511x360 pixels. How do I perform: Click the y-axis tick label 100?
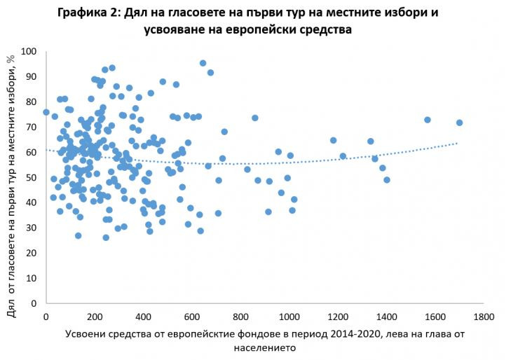click(29, 52)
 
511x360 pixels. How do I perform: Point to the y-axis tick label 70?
click(32, 127)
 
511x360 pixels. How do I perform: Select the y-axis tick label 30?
click(32, 228)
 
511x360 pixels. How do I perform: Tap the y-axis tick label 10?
click(32, 279)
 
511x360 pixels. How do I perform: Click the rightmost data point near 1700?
click(459, 123)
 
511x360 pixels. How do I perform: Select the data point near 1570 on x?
click(427, 120)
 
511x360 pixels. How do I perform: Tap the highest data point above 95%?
click(203, 63)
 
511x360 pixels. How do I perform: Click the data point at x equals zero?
click(46, 112)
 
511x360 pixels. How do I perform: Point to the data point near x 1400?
click(386, 180)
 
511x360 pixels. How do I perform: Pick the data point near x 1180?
click(333, 140)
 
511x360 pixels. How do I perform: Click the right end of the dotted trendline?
click(457, 143)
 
